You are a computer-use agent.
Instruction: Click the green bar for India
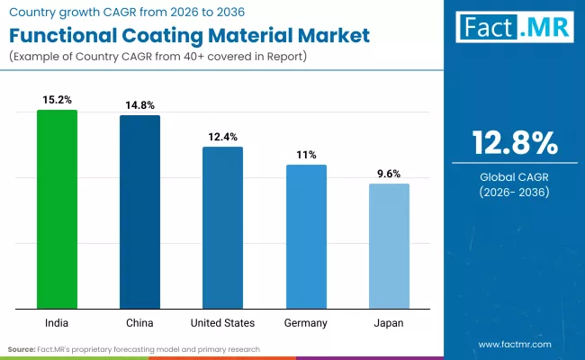(x=57, y=209)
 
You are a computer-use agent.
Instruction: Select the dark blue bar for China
(x=139, y=211)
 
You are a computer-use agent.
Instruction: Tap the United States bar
(x=222, y=227)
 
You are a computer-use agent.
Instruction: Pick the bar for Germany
(x=306, y=236)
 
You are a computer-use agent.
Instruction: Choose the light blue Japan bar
(x=389, y=246)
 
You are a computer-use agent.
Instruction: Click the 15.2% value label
(x=57, y=100)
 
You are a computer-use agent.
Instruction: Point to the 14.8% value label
(x=139, y=105)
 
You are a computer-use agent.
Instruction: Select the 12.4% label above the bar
(x=222, y=136)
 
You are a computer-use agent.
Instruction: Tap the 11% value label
(x=306, y=155)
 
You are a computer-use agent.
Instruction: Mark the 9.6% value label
(x=389, y=174)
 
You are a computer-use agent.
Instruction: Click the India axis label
(x=57, y=322)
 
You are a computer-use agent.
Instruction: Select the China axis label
(x=139, y=322)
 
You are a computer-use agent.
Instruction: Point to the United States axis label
(x=222, y=322)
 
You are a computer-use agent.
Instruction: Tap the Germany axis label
(x=306, y=322)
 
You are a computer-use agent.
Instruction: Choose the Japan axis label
(x=389, y=322)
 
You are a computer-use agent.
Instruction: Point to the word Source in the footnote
(x=22, y=348)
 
